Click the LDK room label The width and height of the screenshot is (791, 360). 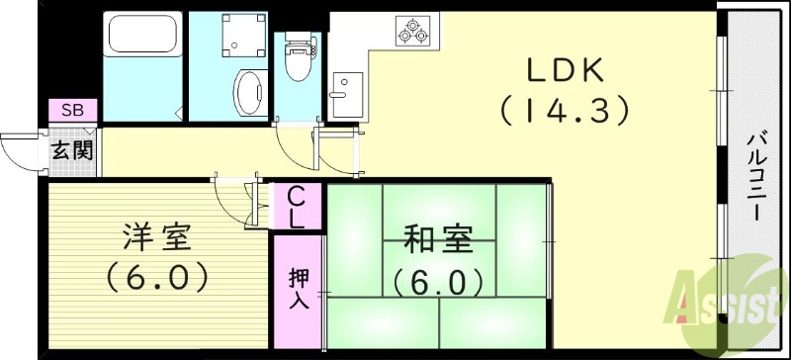coord(566,70)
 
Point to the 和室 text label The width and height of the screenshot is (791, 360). coord(438,240)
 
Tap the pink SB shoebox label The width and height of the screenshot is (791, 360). coord(72,110)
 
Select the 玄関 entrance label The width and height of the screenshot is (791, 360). coord(72,151)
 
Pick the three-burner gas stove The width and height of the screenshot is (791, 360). coord(412,31)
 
